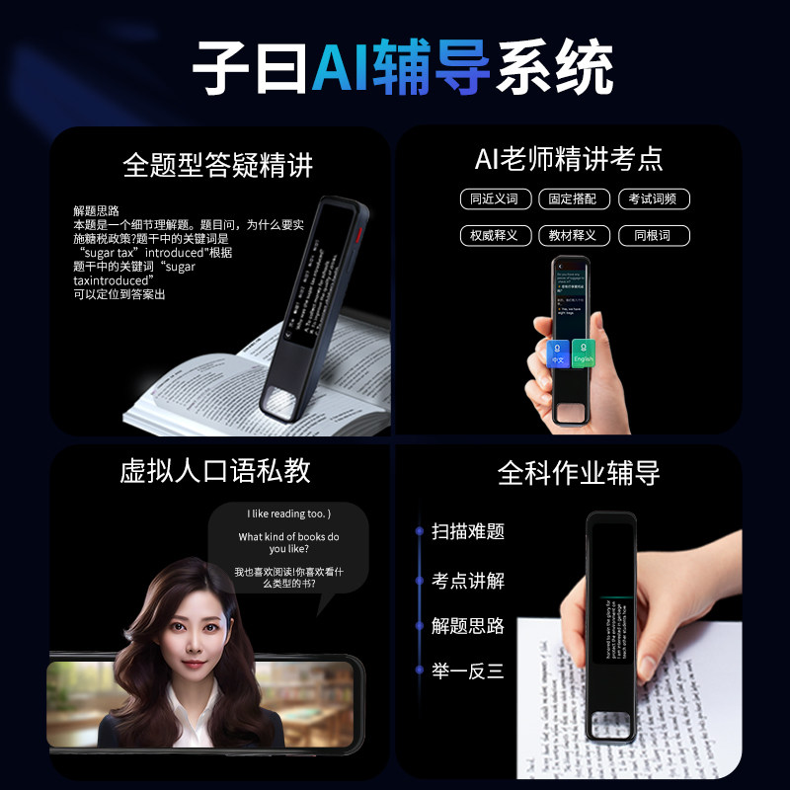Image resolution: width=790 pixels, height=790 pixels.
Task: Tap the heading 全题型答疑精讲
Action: (x=218, y=164)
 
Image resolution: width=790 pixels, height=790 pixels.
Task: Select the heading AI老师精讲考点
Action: (x=568, y=158)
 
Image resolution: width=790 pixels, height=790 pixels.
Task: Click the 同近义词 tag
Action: (x=496, y=198)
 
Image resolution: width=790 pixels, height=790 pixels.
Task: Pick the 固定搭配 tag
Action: (x=574, y=198)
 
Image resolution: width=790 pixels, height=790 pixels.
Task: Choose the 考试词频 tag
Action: (x=653, y=198)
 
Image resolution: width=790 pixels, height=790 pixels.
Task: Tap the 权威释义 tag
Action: (x=496, y=236)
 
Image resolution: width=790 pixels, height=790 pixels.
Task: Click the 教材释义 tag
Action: (x=574, y=236)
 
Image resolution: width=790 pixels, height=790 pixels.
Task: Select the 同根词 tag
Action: (x=653, y=236)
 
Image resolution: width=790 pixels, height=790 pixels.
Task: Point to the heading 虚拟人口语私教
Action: (x=215, y=471)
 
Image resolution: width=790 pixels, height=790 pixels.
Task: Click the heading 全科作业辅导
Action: (x=578, y=473)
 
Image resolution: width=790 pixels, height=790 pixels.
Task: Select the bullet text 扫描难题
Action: (x=468, y=531)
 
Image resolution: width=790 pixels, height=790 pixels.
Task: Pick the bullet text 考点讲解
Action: (x=468, y=581)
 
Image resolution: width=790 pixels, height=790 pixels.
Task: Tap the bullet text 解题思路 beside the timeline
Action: (x=468, y=626)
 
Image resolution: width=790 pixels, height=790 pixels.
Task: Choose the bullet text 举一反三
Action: (x=468, y=671)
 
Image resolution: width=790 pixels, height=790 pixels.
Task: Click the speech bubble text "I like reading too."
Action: (x=288, y=513)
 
